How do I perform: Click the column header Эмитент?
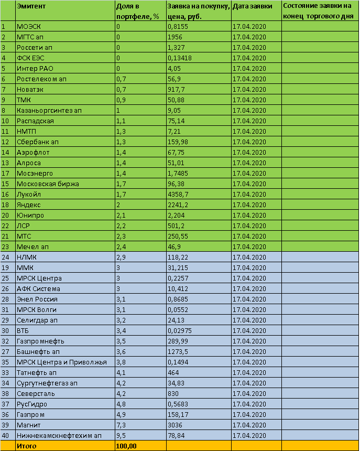click(31, 6)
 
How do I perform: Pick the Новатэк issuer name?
click(30, 89)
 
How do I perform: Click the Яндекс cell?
click(29, 205)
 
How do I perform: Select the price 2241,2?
click(179, 205)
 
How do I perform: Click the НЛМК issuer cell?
click(27, 257)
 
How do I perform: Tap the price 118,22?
click(178, 257)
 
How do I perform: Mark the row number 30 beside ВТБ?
click(6, 330)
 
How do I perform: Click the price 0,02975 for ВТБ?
click(180, 330)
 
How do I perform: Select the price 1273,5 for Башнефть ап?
click(179, 351)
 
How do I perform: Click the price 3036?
click(176, 425)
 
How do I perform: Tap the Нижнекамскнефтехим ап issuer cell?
click(59, 435)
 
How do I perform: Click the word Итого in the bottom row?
click(27, 446)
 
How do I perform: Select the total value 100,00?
click(126, 446)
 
